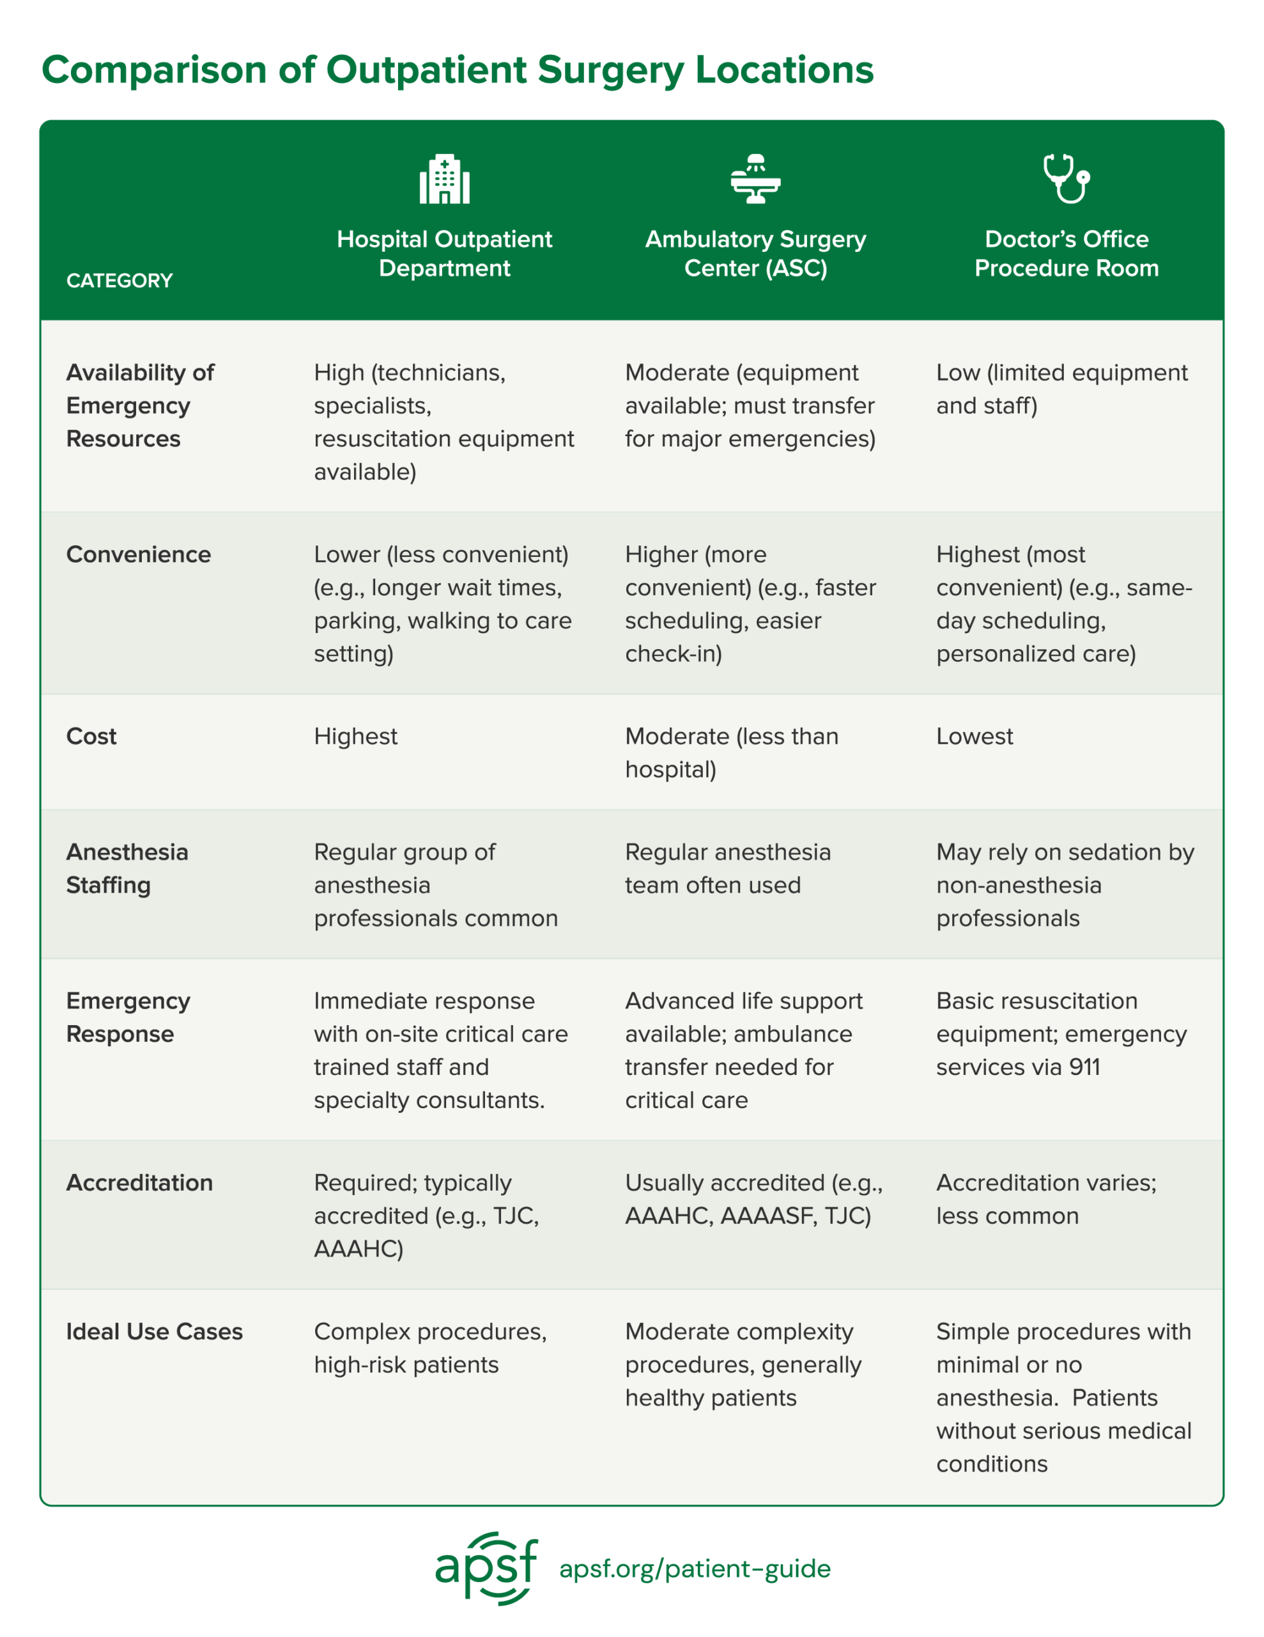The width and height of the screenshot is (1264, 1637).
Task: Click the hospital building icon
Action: click(444, 179)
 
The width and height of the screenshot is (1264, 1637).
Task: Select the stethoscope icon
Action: click(1066, 178)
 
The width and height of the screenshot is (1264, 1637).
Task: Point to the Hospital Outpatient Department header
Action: click(444, 253)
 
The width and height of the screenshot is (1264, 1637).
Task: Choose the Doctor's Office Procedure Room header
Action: click(1066, 253)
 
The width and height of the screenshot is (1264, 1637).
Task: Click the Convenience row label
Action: click(139, 554)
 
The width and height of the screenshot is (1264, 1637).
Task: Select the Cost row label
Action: click(91, 736)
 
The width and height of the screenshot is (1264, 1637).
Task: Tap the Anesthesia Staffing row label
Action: click(127, 869)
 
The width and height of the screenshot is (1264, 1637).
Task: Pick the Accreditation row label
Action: click(139, 1183)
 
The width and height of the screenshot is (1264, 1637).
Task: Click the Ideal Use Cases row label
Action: click(155, 1331)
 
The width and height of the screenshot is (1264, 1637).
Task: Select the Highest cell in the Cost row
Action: click(356, 736)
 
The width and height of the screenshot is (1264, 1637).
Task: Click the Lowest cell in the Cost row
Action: click(974, 736)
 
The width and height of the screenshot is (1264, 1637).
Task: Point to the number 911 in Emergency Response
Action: click(1085, 1067)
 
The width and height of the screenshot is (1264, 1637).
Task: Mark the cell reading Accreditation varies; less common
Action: click(1046, 1199)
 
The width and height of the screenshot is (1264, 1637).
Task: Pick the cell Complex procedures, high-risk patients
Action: click(430, 1348)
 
